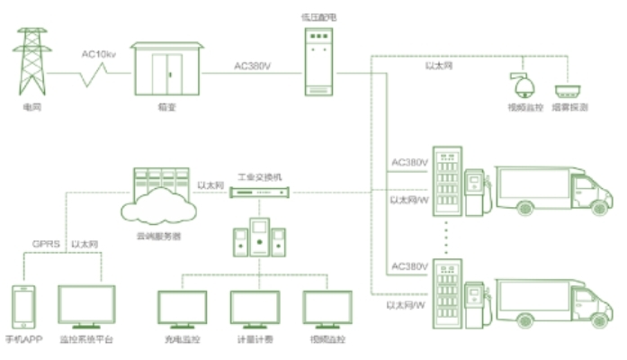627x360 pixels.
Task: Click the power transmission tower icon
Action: click(x=33, y=62)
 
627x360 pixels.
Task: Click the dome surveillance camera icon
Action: click(x=521, y=85)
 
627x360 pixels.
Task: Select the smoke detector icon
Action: click(x=569, y=90)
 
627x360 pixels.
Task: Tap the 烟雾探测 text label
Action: click(x=571, y=107)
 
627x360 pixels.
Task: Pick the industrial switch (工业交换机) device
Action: click(x=258, y=193)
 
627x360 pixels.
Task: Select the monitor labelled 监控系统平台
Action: click(x=86, y=307)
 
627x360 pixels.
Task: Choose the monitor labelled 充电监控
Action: click(x=183, y=309)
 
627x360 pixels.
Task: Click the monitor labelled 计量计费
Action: click(x=255, y=309)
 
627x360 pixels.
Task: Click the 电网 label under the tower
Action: click(x=33, y=107)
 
